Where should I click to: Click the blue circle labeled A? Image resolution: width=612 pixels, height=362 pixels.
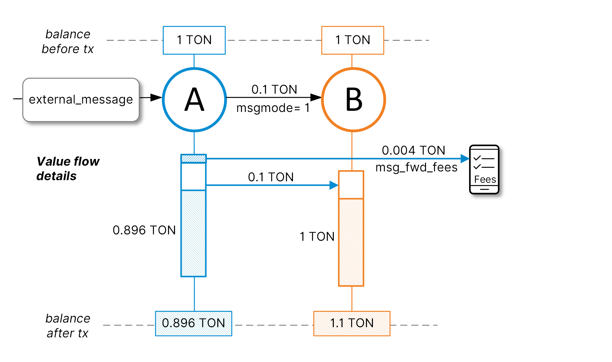click(x=194, y=99)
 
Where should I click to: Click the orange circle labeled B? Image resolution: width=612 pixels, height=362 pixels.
click(x=353, y=99)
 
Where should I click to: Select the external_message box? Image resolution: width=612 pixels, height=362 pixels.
click(x=81, y=99)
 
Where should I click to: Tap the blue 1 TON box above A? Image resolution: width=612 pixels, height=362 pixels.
click(x=194, y=40)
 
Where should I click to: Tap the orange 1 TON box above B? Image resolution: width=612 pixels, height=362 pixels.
click(x=353, y=40)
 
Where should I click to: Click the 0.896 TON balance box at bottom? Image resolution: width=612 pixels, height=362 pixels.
click(x=194, y=323)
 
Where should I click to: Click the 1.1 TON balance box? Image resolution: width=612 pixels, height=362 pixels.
click(x=352, y=323)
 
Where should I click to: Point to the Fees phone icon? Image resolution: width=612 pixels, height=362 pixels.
click(x=484, y=169)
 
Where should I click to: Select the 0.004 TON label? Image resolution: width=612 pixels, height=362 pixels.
click(x=413, y=150)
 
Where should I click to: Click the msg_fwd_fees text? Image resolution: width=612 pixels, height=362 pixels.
click(x=416, y=167)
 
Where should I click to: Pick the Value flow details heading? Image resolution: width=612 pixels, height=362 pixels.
click(x=68, y=169)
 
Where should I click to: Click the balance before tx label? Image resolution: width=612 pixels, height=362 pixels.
click(x=68, y=41)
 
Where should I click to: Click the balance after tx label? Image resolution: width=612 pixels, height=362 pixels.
click(x=68, y=326)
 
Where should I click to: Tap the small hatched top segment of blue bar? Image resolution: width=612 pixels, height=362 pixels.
click(x=194, y=158)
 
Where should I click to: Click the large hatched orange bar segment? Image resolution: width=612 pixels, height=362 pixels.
click(x=351, y=242)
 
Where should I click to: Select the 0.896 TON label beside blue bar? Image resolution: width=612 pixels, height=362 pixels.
click(x=144, y=230)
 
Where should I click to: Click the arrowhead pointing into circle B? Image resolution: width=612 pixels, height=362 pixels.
click(x=316, y=97)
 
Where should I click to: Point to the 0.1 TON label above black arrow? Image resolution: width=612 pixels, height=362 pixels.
click(x=274, y=89)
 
